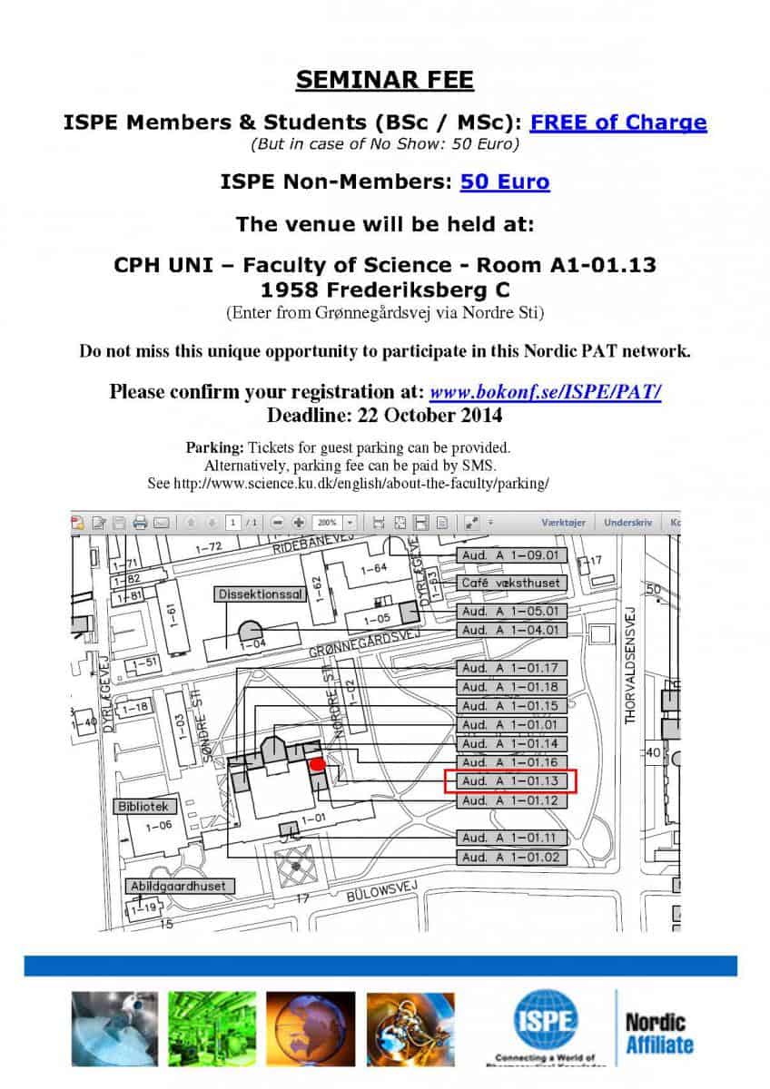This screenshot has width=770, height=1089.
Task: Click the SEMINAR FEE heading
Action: tap(384, 80)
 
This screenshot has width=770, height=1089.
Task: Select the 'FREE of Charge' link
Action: tap(617, 122)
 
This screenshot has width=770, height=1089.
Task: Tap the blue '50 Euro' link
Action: tap(504, 181)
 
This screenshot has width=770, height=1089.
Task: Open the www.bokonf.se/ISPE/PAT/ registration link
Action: tap(545, 392)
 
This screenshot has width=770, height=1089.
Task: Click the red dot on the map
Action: tap(317, 764)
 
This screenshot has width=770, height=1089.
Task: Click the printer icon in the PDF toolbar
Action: tap(140, 523)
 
